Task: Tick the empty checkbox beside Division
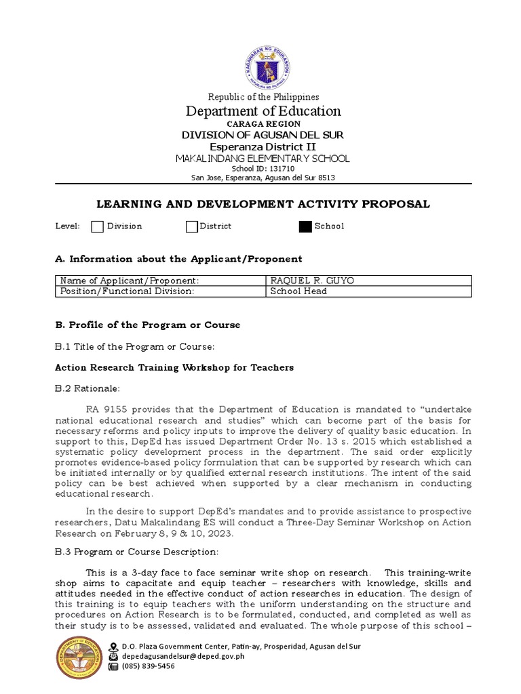click(x=97, y=226)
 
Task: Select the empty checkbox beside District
click(x=192, y=226)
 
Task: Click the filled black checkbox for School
click(x=305, y=226)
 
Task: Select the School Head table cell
click(x=298, y=291)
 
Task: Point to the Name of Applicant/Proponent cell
click(x=130, y=281)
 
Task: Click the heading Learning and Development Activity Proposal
click(x=264, y=205)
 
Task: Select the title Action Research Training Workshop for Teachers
click(x=174, y=367)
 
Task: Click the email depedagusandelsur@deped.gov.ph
click(x=183, y=656)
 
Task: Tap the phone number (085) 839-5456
click(x=148, y=666)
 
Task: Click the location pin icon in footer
click(x=113, y=646)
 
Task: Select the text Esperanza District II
click(x=263, y=146)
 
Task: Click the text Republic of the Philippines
click(x=263, y=97)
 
